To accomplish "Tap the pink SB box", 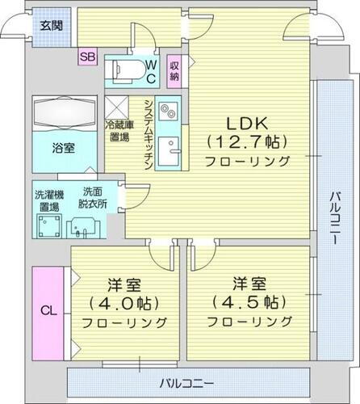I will point(86,57).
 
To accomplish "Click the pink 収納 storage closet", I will point(174,69).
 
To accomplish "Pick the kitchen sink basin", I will point(168,151).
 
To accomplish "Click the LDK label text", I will point(241,124).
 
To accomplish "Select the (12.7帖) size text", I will point(242,142).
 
